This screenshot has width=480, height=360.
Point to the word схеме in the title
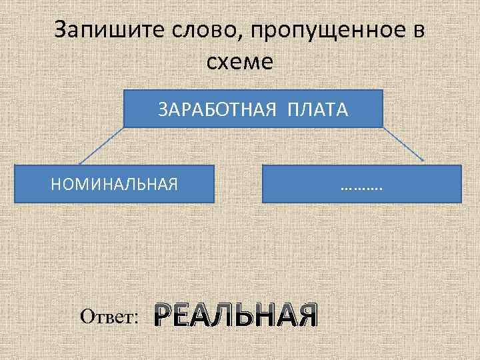click(x=240, y=63)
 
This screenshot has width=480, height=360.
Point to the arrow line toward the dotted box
click(x=403, y=143)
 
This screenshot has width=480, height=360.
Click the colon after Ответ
click(x=136, y=318)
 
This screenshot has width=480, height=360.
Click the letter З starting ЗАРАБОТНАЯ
click(x=162, y=109)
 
